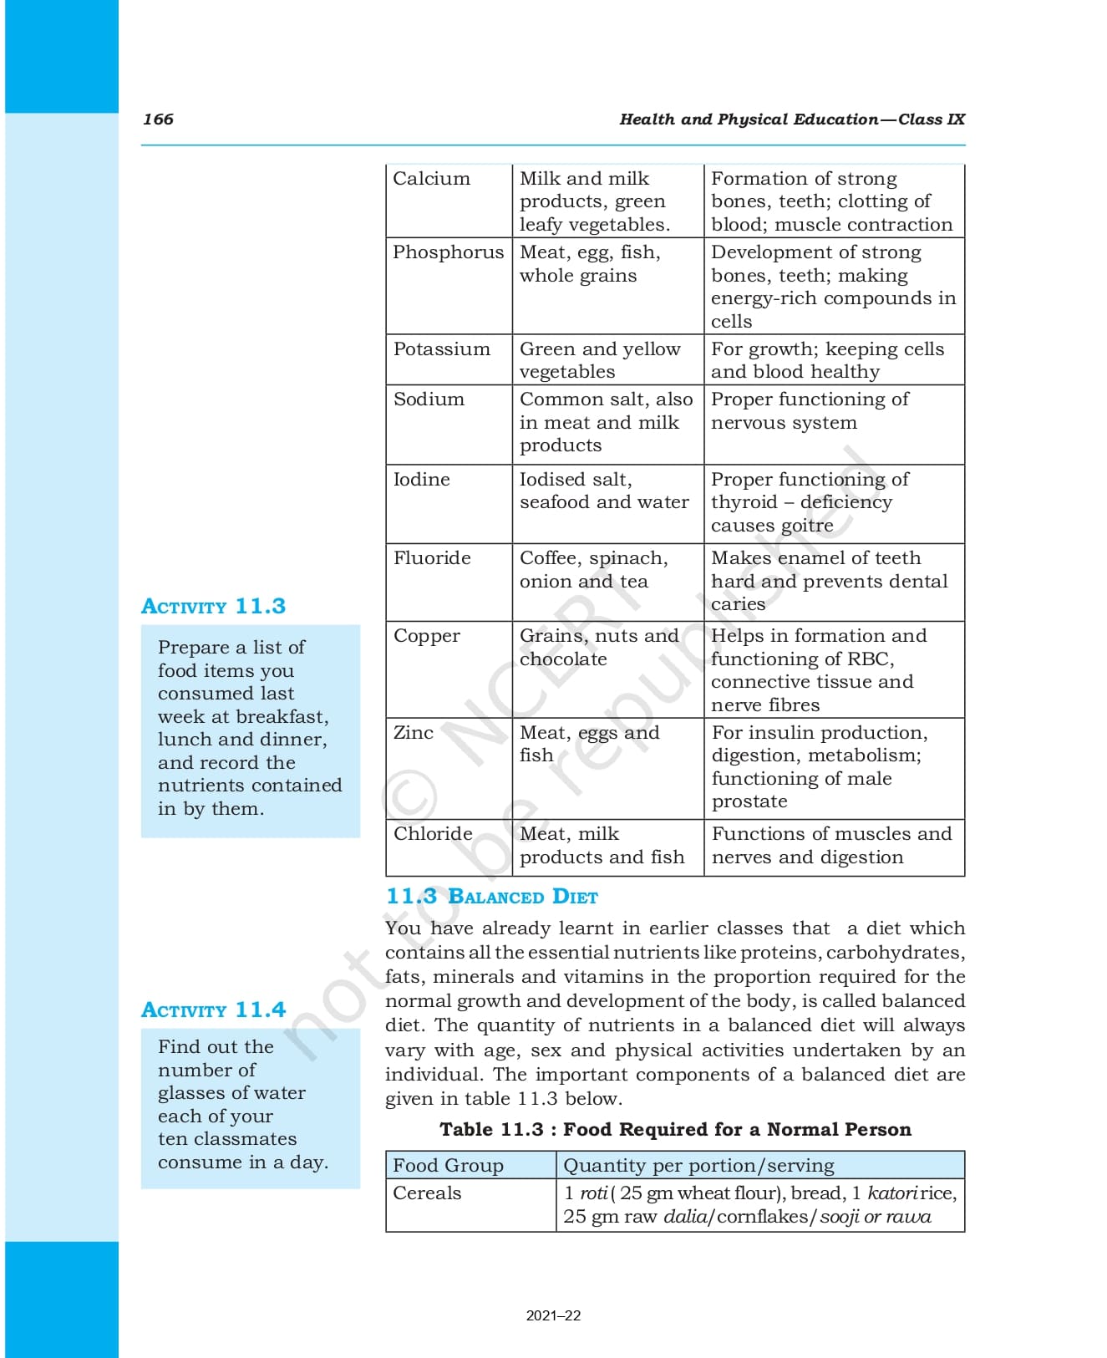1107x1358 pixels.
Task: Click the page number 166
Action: (158, 119)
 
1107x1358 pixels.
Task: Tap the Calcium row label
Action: (431, 179)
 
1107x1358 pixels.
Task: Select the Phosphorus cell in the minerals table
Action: (448, 252)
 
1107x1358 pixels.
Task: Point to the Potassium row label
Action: (441, 349)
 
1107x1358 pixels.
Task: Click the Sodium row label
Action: (429, 399)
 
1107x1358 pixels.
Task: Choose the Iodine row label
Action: (421, 480)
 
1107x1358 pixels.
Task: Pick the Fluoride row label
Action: (432, 558)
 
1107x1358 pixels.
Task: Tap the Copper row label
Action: (426, 636)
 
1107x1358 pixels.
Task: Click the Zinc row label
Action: (414, 733)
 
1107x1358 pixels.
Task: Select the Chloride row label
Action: (433, 834)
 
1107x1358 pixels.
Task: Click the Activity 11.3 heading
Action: (213, 606)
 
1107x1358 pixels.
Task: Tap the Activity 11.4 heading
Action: (213, 1010)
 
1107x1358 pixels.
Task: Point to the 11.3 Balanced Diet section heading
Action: (491, 897)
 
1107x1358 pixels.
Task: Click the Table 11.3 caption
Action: (675, 1130)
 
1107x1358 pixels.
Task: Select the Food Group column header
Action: (448, 1166)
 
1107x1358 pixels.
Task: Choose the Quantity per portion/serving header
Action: (698, 1166)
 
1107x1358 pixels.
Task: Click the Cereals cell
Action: (427, 1193)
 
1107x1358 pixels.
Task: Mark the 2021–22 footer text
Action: (553, 1315)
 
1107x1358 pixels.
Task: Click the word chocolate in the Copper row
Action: (563, 659)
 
